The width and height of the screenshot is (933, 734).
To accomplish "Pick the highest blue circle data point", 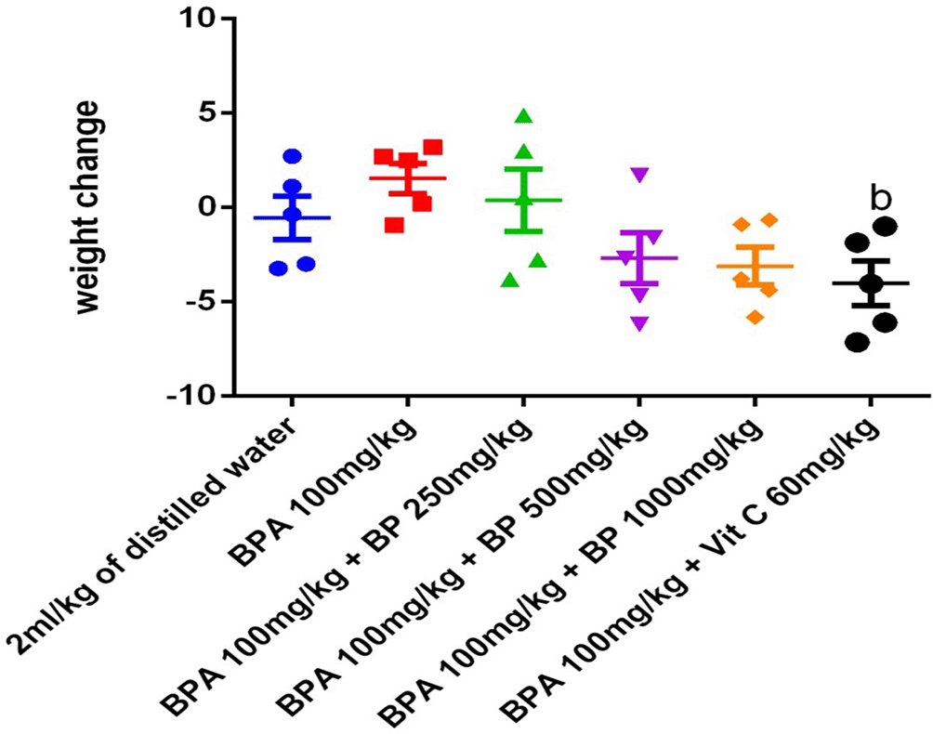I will [x=293, y=156].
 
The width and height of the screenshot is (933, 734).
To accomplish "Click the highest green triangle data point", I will [x=523, y=116].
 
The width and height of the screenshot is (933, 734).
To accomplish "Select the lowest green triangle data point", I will [x=508, y=280].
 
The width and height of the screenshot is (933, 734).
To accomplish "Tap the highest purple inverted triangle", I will [x=638, y=174].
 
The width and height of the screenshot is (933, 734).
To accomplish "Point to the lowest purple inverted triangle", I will [x=638, y=323].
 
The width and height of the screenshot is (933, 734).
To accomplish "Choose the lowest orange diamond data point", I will [x=756, y=317].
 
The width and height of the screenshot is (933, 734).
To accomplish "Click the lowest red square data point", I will [x=393, y=225].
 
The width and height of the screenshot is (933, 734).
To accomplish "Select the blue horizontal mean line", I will [x=292, y=217].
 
